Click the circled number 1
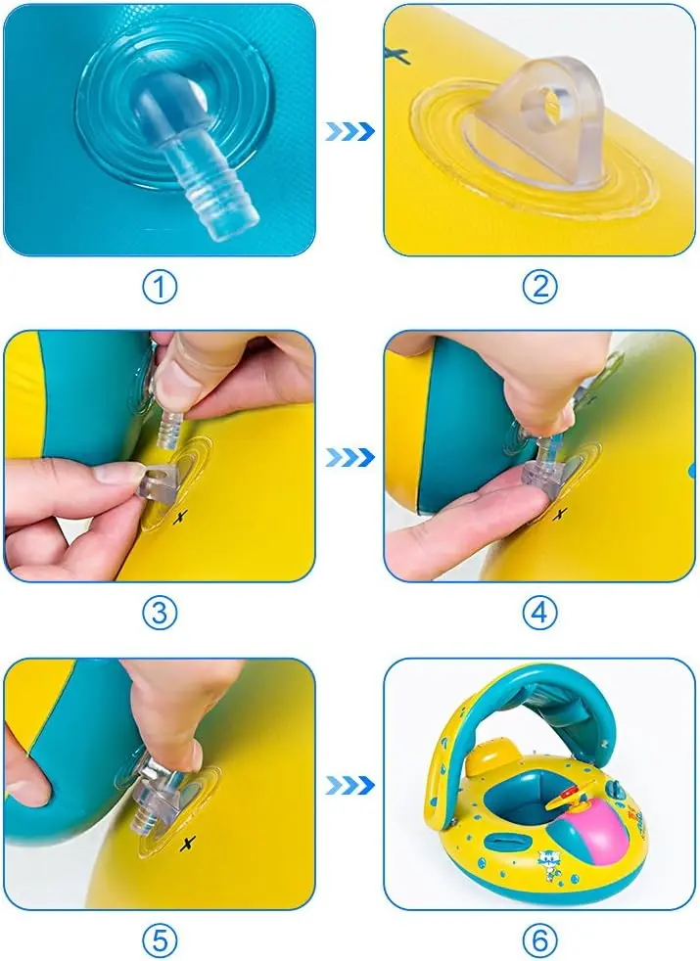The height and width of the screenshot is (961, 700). pyautogui.click(x=160, y=287)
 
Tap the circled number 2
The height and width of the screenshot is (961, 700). pyautogui.click(x=540, y=287)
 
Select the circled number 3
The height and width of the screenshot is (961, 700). pyautogui.click(x=160, y=613)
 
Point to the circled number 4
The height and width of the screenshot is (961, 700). pyautogui.click(x=540, y=613)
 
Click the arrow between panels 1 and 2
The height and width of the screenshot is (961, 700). pyautogui.click(x=350, y=131)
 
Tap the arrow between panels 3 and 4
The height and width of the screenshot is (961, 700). pyautogui.click(x=350, y=457)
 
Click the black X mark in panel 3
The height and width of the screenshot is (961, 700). pyautogui.click(x=180, y=518)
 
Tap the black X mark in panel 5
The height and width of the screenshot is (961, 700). pyautogui.click(x=188, y=844)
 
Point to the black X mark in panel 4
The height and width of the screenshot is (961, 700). pyautogui.click(x=560, y=516)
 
